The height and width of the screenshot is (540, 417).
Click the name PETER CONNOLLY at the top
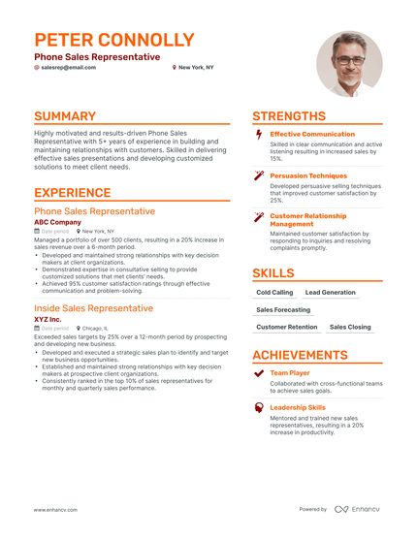pyautogui.click(x=113, y=41)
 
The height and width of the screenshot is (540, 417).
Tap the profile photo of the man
pyautogui.click(x=349, y=63)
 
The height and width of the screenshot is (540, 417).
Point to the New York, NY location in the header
pyautogui.click(x=197, y=68)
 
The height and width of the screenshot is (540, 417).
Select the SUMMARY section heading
pyautogui.click(x=65, y=116)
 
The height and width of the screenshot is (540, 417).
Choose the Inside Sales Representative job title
pyautogui.click(x=93, y=308)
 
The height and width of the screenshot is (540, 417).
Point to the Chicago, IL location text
pyautogui.click(x=96, y=329)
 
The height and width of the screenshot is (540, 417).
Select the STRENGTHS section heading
pyautogui.click(x=289, y=116)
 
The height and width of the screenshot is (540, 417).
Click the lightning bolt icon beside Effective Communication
pyautogui.click(x=258, y=134)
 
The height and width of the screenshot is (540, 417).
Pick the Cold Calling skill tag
pyautogui.click(x=274, y=292)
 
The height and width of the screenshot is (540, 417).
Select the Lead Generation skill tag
pyautogui.click(x=330, y=292)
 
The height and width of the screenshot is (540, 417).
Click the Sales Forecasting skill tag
pyautogui.click(x=283, y=310)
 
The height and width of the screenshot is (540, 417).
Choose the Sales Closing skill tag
pyautogui.click(x=350, y=328)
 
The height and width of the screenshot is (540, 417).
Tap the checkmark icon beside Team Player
pyautogui.click(x=258, y=372)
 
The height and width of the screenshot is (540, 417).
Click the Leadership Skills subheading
pyautogui.click(x=298, y=408)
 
